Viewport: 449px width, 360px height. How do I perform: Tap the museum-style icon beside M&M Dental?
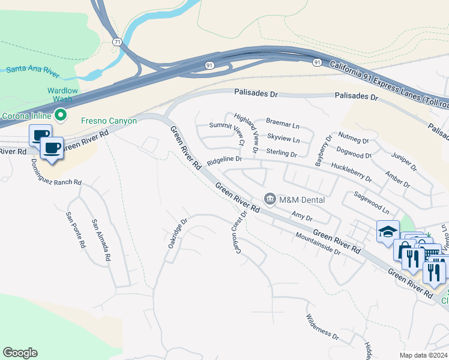(x=270, y=199)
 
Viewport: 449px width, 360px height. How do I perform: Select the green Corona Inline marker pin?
(x=60, y=115)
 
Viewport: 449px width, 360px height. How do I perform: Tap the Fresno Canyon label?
(x=109, y=121)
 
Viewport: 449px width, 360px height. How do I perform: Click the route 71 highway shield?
(x=117, y=42)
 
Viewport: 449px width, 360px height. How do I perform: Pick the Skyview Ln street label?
(x=283, y=139)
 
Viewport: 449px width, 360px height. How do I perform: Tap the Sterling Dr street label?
(x=282, y=153)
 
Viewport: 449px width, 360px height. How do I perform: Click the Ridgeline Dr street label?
(x=224, y=161)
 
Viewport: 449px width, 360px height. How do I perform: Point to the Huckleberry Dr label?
(x=352, y=175)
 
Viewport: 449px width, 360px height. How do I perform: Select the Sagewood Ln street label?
(x=372, y=203)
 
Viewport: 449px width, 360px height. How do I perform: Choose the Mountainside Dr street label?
(x=318, y=245)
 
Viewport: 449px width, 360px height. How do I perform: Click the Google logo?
(x=20, y=353)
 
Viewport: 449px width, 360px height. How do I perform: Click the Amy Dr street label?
(x=302, y=215)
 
